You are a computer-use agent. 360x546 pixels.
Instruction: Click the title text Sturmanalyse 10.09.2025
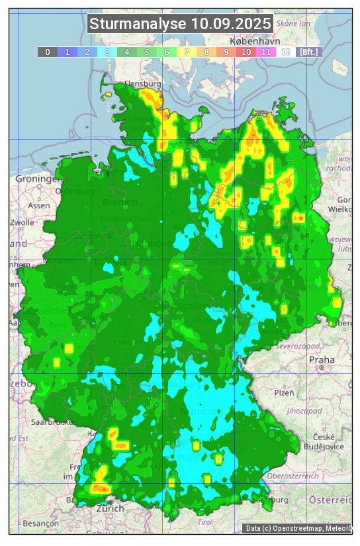coord(180,24)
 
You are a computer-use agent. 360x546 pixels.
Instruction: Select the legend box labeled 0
coord(48,52)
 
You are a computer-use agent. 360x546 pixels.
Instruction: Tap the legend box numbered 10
coord(246,52)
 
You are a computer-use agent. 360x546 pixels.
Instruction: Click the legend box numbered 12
coord(286,52)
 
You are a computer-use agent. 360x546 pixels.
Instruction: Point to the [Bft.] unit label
coord(308,52)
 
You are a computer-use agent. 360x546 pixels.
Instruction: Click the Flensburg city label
coord(142,85)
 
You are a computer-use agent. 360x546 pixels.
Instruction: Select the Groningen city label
coord(36,179)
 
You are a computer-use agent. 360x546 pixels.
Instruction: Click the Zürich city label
coord(110,508)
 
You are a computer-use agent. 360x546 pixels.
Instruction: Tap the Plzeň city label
coord(285,392)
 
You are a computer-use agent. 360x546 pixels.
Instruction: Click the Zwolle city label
coord(22,222)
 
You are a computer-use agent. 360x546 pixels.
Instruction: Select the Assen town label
coord(39,205)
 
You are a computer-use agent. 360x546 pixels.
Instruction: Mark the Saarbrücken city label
coord(52,421)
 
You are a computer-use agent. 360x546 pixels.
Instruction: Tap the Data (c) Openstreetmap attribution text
coord(298,528)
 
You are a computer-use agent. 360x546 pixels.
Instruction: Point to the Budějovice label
coord(324,446)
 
